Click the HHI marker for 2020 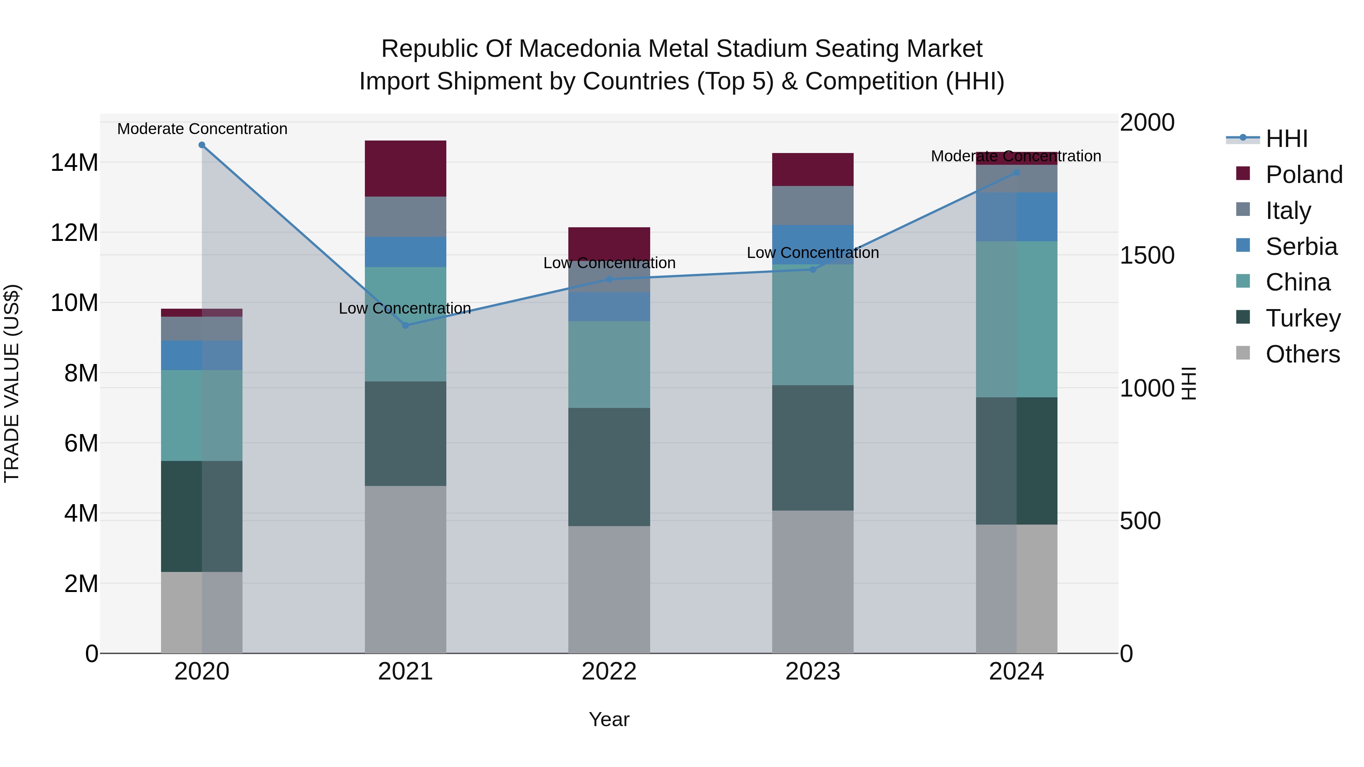tap(202, 145)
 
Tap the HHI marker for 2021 tap(405, 325)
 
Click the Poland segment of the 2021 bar tap(405, 168)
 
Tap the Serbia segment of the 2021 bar tap(405, 252)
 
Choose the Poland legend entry tap(1304, 175)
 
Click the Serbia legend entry tap(1301, 247)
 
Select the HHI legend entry tap(1286, 139)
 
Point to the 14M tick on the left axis tap(74, 162)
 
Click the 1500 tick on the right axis tap(1147, 255)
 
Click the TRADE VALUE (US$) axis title tap(12, 383)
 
